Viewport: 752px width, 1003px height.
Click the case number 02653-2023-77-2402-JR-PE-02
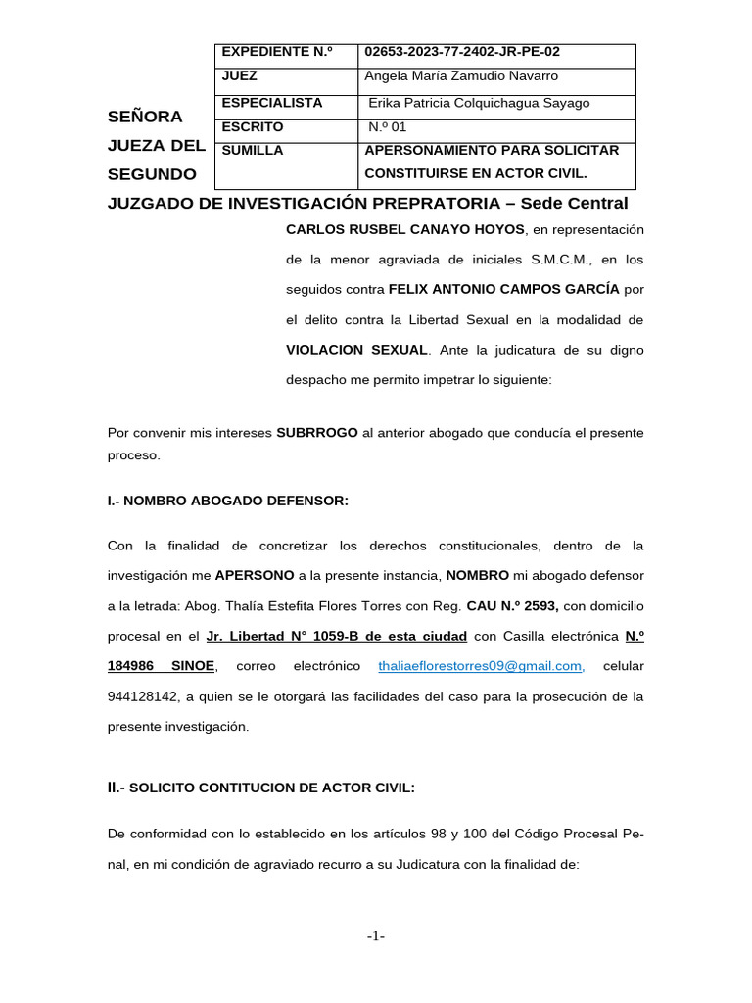pyautogui.click(x=462, y=52)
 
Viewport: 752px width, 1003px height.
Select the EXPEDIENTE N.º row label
pyautogui.click(x=277, y=52)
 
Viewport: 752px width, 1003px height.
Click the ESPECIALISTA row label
pyautogui.click(x=272, y=103)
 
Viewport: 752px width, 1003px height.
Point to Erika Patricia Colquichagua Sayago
pyautogui.click(x=479, y=103)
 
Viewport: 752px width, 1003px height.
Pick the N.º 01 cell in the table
pyautogui.click(x=386, y=127)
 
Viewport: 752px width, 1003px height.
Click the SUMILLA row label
pyautogui.click(x=253, y=151)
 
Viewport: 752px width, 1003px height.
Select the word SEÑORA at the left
pyautogui.click(x=145, y=117)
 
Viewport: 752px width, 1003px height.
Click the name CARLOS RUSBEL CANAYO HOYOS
pyautogui.click(x=405, y=229)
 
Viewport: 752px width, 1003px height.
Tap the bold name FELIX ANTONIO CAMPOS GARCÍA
pyautogui.click(x=503, y=289)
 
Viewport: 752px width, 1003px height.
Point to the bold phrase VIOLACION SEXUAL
pyautogui.click(x=356, y=350)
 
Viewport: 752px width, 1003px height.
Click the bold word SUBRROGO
pyautogui.click(x=317, y=432)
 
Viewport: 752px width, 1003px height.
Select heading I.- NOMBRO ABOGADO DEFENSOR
pyautogui.click(x=227, y=501)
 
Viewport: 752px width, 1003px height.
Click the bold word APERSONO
pyautogui.click(x=255, y=576)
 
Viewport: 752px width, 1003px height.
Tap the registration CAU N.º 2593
pyautogui.click(x=509, y=606)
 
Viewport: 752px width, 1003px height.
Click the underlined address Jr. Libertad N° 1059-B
pyautogui.click(x=337, y=637)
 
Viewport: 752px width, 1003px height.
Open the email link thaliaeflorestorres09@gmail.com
pyautogui.click(x=481, y=667)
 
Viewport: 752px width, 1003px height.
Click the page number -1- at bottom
pyautogui.click(x=376, y=937)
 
